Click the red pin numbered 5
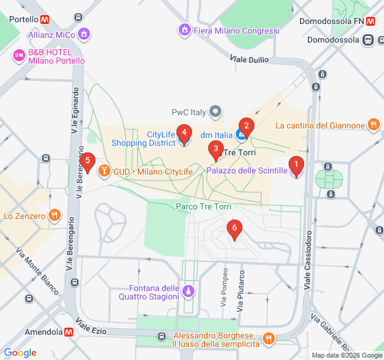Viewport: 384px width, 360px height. tap(88, 161)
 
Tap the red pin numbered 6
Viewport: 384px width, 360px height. tap(234, 229)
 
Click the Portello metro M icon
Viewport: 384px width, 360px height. tap(46, 19)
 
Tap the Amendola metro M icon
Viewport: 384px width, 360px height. tap(70, 332)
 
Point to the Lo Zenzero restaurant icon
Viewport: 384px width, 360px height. tap(55, 215)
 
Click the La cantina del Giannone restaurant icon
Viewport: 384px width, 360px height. tap(373, 125)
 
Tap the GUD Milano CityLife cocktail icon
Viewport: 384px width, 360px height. tap(104, 172)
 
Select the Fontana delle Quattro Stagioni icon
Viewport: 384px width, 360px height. tap(189, 292)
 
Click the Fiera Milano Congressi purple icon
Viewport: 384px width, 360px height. tap(185, 29)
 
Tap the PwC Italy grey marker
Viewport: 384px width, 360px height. tap(215, 112)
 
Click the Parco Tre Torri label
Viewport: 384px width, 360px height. tap(203, 206)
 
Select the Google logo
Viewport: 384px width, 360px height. tap(20, 353)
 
